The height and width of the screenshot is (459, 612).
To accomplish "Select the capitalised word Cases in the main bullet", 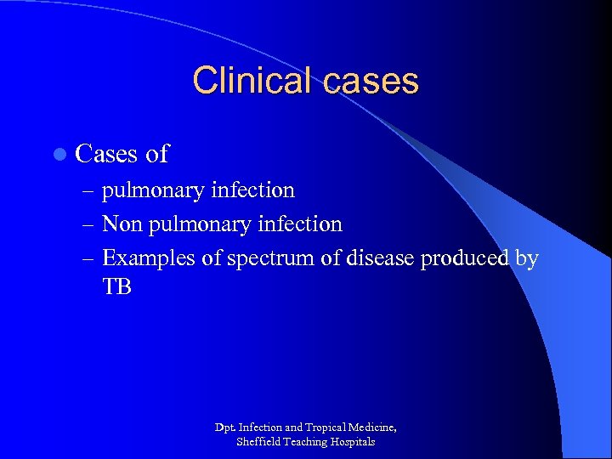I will [x=107, y=154].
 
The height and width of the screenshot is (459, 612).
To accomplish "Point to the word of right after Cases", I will [x=157, y=154].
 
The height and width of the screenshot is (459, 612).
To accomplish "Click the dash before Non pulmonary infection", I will [x=91, y=224].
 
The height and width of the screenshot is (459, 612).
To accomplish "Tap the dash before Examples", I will [x=91, y=258].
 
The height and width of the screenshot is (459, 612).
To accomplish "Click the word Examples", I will [x=149, y=258].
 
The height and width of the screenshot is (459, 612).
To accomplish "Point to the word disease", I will [x=380, y=258].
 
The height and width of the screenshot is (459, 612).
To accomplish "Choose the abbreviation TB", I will [x=117, y=287].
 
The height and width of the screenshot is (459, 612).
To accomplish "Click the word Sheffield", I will [x=257, y=442].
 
